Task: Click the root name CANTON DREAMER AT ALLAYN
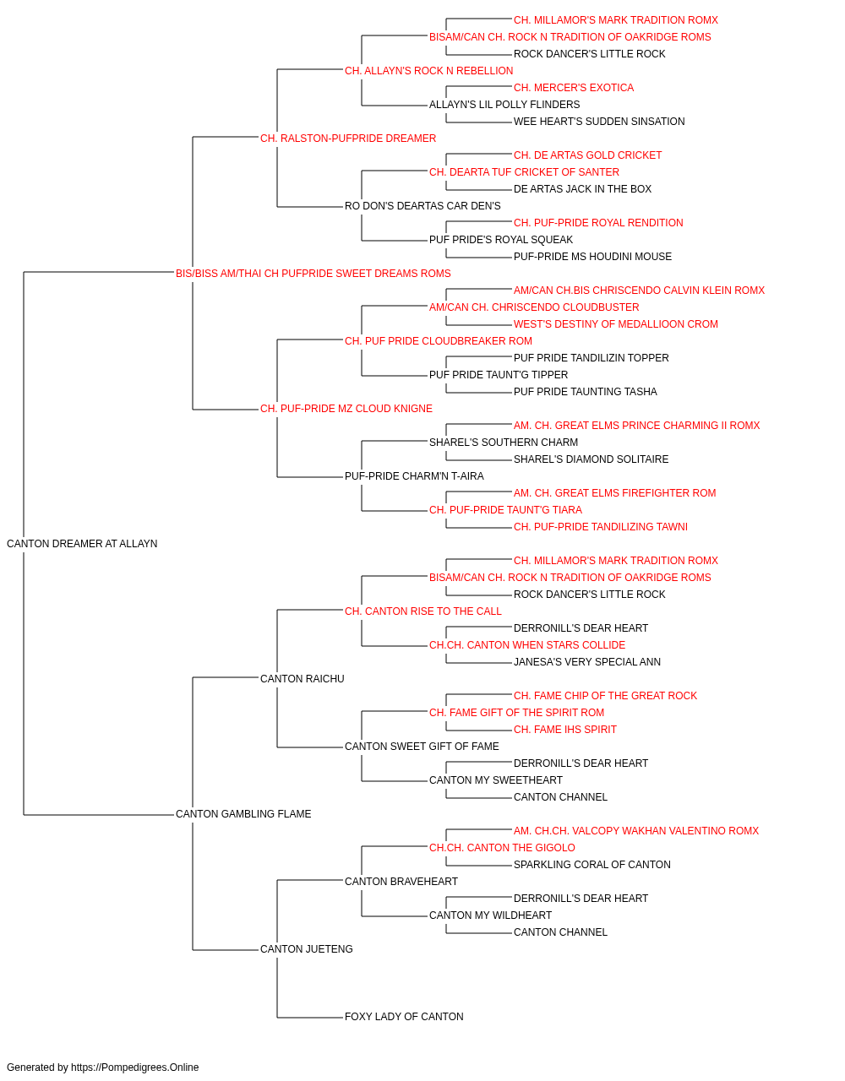pyautogui.click(x=82, y=544)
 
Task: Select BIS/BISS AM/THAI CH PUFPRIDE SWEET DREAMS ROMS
pyautogui.click(x=313, y=274)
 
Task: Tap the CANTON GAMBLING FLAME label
pyautogui.click(x=243, y=814)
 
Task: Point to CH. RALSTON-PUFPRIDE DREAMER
pyautogui.click(x=348, y=139)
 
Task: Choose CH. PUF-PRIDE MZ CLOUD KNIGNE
pyautogui.click(x=346, y=409)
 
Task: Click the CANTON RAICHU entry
pyautogui.click(x=302, y=678)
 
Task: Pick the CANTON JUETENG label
pyautogui.click(x=306, y=948)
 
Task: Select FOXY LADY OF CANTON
pyautogui.click(x=404, y=1016)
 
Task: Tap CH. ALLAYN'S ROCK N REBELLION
pyautogui.click(x=428, y=71)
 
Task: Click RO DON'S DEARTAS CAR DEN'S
pyautogui.click(x=422, y=206)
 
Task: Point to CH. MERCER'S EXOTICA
pyautogui.click(x=573, y=88)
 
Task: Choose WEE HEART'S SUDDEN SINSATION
pyautogui.click(x=598, y=122)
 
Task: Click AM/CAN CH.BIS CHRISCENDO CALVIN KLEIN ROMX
pyautogui.click(x=639, y=290)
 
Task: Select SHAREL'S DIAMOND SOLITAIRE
pyautogui.click(x=591, y=459)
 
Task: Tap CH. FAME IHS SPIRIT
pyautogui.click(x=564, y=730)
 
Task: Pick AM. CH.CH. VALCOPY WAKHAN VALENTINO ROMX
pyautogui.click(x=636, y=831)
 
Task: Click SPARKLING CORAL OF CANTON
pyautogui.click(x=591, y=865)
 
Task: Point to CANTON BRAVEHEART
pyautogui.click(x=401, y=882)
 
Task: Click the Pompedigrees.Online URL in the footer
pyautogui.click(x=134, y=1067)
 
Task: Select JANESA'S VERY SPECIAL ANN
pyautogui.click(x=586, y=661)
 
